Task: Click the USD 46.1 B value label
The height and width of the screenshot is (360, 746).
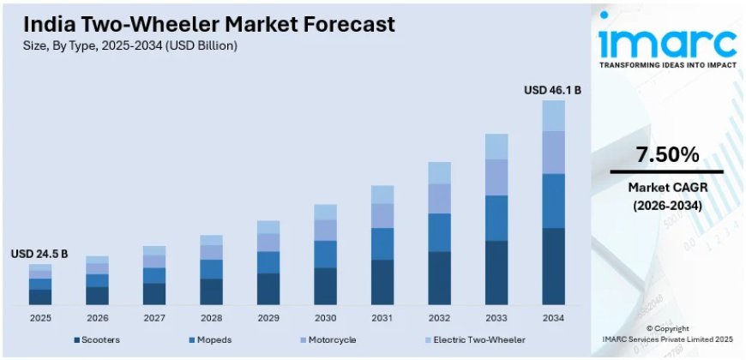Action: tap(553, 89)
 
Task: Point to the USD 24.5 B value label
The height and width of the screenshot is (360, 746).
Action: tap(39, 254)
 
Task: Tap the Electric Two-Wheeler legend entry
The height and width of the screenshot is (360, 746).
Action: tap(480, 340)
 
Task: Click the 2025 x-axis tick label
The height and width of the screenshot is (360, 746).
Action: tap(39, 318)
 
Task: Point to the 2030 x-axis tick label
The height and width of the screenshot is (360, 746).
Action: tap(325, 318)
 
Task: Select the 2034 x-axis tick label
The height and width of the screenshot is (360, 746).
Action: tap(553, 318)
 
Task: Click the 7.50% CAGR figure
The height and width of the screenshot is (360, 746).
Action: tap(666, 155)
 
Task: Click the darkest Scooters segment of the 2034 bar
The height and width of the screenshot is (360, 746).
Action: tap(553, 266)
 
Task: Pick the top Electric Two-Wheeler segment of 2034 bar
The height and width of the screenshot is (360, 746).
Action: tap(553, 116)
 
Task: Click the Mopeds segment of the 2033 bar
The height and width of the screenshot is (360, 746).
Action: tap(496, 218)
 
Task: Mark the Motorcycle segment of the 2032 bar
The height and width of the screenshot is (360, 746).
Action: tap(439, 199)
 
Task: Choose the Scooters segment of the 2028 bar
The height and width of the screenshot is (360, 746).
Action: tap(211, 291)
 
